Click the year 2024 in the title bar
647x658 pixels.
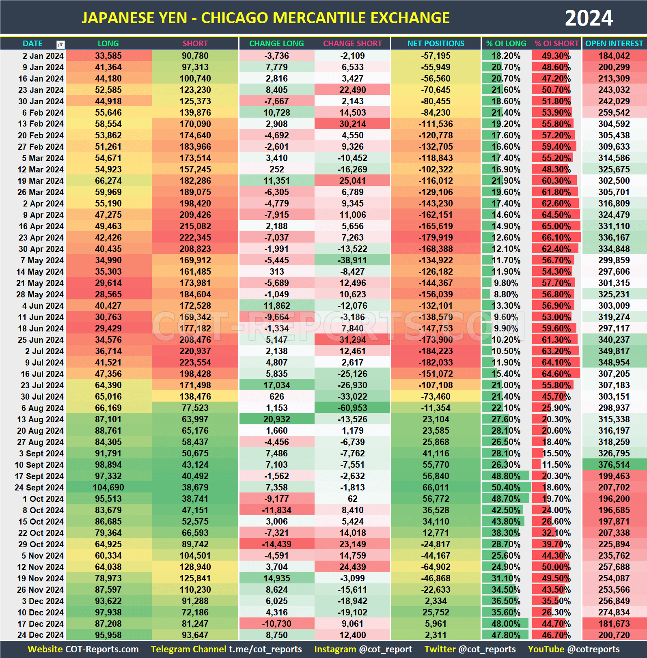[x=589, y=18]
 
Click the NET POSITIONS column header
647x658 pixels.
[x=436, y=43]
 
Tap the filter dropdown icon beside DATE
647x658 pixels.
[x=60, y=44]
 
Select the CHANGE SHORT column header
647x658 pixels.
[x=352, y=43]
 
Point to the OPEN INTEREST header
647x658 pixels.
[x=614, y=43]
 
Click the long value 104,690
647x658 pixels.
[x=108, y=487]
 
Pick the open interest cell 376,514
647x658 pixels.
[x=614, y=464]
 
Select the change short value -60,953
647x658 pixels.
[x=352, y=408]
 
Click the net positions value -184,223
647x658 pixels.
[x=436, y=351]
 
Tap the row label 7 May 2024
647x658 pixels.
[x=42, y=260]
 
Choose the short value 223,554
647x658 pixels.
[x=195, y=362]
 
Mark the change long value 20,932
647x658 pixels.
[x=276, y=419]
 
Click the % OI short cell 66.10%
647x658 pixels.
[x=556, y=237]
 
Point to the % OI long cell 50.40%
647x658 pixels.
[x=506, y=487]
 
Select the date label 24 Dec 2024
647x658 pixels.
[x=40, y=635]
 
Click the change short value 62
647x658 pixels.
[x=352, y=499]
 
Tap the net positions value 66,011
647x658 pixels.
[x=436, y=487]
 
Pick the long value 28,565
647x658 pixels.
[x=108, y=294]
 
